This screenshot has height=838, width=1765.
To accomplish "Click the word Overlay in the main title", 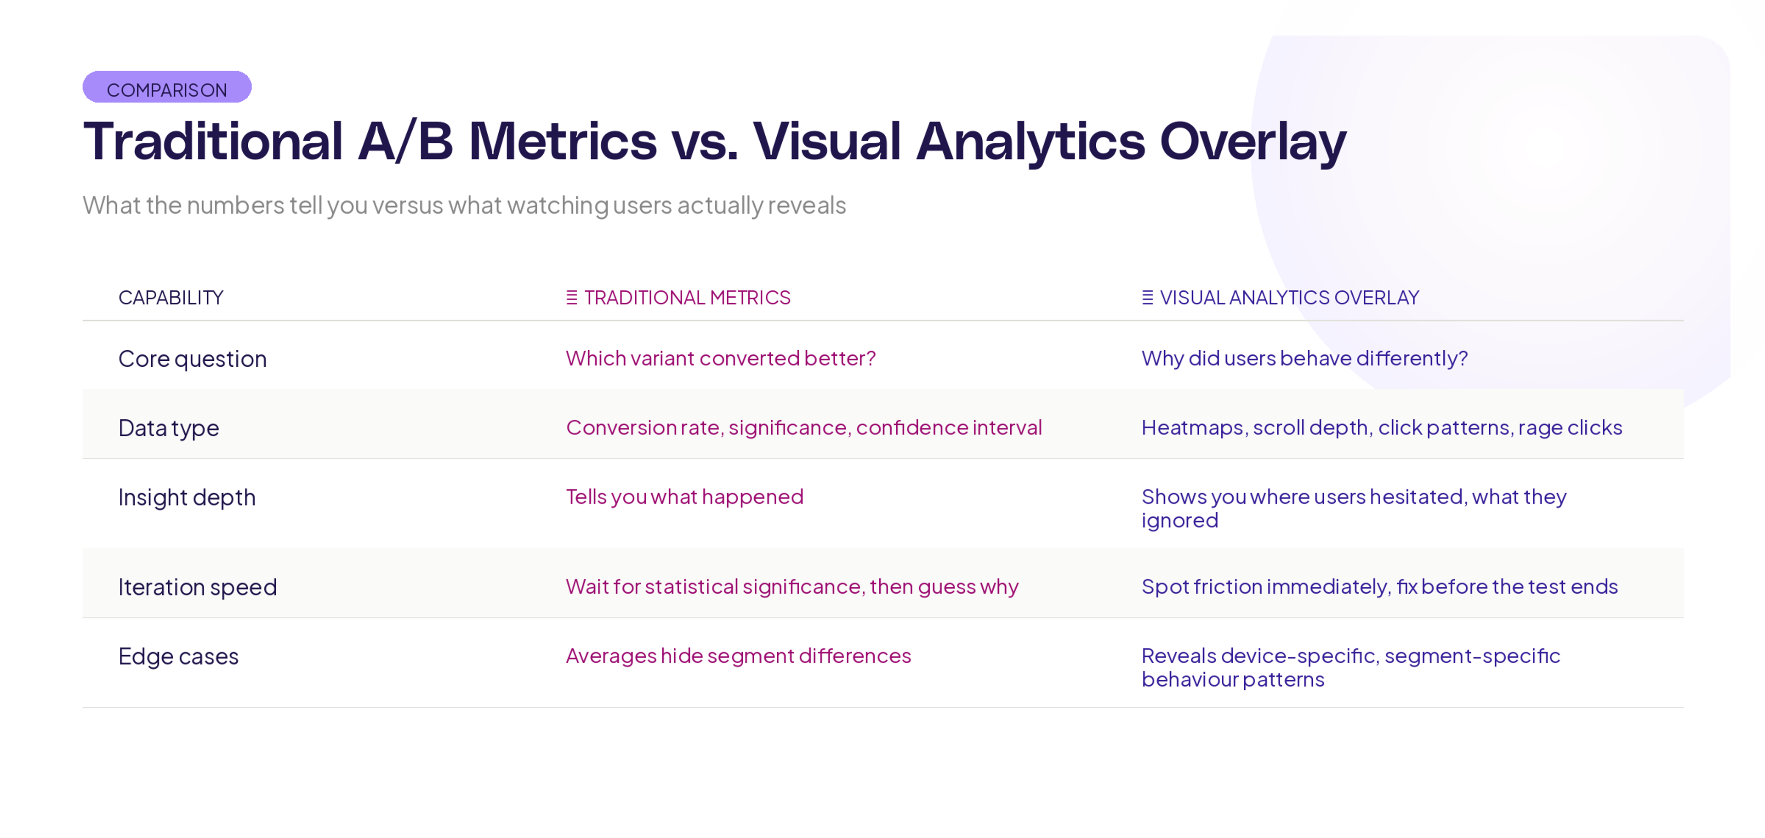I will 1253,142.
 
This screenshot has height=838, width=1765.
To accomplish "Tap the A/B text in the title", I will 405,142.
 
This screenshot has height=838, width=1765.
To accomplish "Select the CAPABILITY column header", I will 171,298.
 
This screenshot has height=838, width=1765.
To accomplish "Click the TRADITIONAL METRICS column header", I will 687,298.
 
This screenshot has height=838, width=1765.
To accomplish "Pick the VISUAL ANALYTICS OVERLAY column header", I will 1289,298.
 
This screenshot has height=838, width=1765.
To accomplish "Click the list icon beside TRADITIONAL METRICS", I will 571,298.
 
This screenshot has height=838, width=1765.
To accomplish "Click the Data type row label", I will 169,428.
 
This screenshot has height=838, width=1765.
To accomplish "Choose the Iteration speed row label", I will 197,587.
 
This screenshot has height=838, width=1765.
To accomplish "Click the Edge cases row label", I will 178,656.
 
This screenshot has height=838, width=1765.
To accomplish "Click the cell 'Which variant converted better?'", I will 720,358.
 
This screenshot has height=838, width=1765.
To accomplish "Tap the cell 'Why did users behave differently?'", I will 1304,358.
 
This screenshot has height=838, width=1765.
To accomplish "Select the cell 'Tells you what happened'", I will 684,497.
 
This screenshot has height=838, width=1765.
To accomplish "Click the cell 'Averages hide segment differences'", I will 738,656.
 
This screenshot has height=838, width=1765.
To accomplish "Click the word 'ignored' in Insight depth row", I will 1179,520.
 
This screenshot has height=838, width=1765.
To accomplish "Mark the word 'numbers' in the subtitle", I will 235,205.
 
